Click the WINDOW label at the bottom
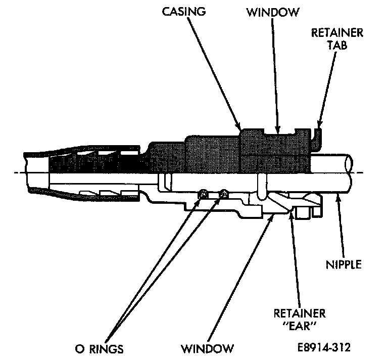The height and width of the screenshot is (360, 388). click(x=209, y=348)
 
